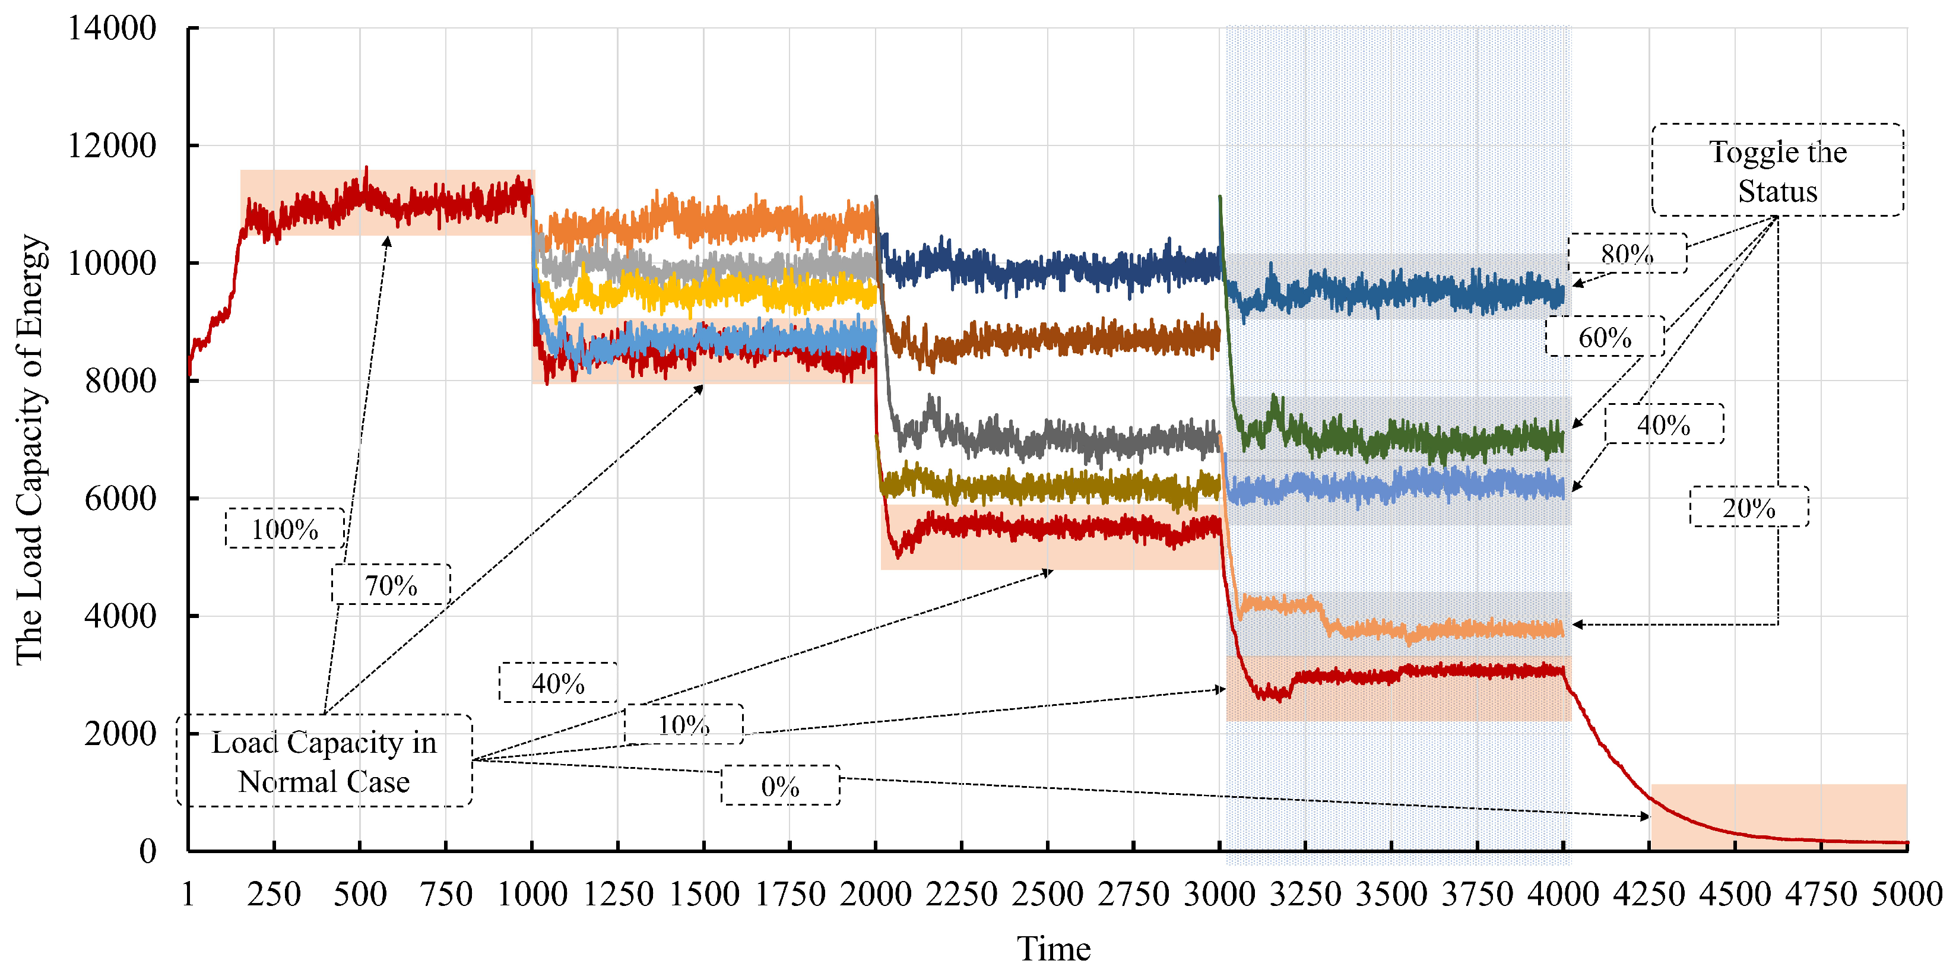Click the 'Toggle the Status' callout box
[1777, 170]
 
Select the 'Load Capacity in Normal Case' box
[324, 761]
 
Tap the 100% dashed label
[285, 528]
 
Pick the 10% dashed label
[683, 725]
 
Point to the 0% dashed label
[780, 786]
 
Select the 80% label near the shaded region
[1627, 253]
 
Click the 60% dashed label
[1605, 337]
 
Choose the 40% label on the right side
[1664, 424]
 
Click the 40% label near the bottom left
[558, 683]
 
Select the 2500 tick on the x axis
[1047, 894]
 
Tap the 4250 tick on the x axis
[1649, 894]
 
